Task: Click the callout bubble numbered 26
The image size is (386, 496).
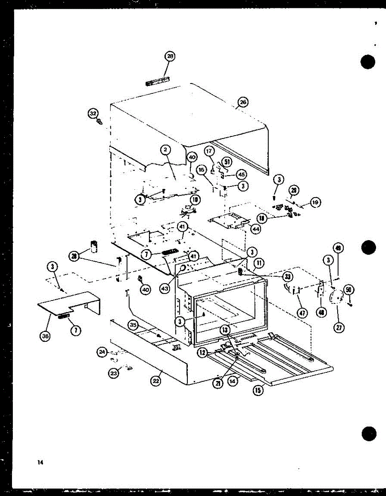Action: [x=243, y=102]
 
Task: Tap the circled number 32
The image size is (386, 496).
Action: [x=93, y=112]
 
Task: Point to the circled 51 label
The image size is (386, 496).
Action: [x=227, y=162]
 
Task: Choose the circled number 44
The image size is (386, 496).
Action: [x=255, y=228]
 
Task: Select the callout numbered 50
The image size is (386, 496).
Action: [x=349, y=290]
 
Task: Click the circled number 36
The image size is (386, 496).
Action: [x=45, y=336]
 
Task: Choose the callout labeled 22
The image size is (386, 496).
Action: [x=156, y=381]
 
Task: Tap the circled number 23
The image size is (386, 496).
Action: [x=113, y=373]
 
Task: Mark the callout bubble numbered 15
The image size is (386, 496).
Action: [x=259, y=390]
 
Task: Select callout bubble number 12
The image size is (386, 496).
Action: [x=203, y=353]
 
